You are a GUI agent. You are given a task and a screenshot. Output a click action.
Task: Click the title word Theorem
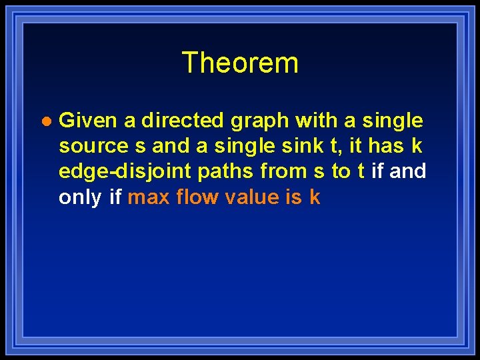240,63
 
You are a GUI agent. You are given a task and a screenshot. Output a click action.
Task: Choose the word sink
304,146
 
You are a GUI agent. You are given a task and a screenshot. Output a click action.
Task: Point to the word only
80,198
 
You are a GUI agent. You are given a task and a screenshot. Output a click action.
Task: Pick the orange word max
149,197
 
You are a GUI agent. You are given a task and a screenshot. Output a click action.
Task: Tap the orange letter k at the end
315,197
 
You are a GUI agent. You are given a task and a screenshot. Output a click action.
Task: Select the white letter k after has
417,146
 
